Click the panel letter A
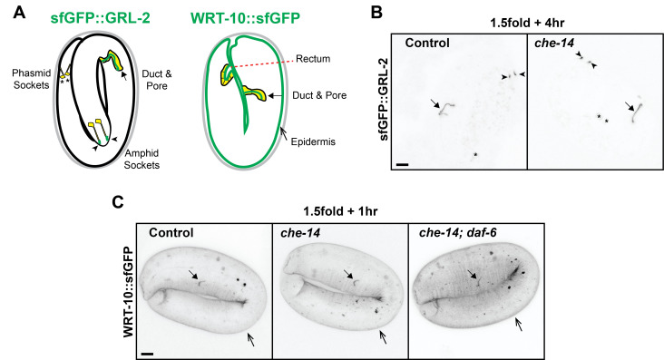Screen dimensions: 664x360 click(x=19, y=13)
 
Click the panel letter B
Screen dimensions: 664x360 click(x=376, y=13)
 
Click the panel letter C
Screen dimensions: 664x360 click(x=118, y=202)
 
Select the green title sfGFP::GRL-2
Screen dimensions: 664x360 click(x=101, y=18)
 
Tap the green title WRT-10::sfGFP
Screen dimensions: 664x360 click(x=246, y=18)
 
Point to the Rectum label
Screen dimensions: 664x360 click(x=313, y=59)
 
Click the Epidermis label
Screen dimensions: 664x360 click(x=313, y=141)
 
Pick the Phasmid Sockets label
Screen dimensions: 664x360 click(x=32, y=79)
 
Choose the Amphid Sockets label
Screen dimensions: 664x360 click(x=142, y=160)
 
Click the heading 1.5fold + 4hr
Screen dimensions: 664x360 click(x=527, y=23)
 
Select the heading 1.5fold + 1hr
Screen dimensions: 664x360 click(x=340, y=211)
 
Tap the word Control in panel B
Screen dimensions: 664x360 click(x=427, y=44)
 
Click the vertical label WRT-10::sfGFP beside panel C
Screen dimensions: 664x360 click(x=129, y=291)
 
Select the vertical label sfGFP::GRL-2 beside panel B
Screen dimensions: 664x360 click(x=384, y=100)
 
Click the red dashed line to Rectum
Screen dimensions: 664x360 click(x=260, y=64)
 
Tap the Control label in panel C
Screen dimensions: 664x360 click(x=171, y=233)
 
